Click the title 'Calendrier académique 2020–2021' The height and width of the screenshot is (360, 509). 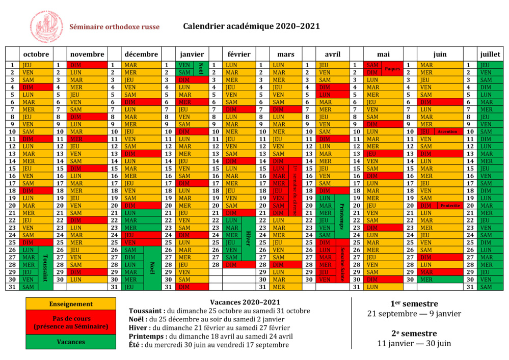pyautogui.click(x=251, y=26)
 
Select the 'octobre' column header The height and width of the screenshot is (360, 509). pyautogui.click(x=36, y=54)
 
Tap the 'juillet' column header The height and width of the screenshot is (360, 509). pyautogui.click(x=490, y=54)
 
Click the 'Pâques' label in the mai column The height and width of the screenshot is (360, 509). pyautogui.click(x=392, y=68)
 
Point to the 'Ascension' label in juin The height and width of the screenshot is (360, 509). pyautogui.click(x=447, y=131)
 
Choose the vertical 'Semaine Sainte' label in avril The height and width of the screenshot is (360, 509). pyautogui.click(x=342, y=264)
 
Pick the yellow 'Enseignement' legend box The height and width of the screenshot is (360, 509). pyautogui.click(x=71, y=304)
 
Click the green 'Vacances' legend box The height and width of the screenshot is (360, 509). pyautogui.click(x=71, y=342)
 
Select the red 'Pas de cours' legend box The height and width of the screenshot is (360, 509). pyautogui.click(x=71, y=322)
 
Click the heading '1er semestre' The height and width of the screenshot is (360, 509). pyautogui.click(x=414, y=303)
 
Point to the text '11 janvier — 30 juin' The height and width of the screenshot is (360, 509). pyautogui.click(x=414, y=343)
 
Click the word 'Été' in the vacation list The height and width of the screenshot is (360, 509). pyautogui.click(x=137, y=345)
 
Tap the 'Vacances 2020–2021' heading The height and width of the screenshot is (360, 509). pyautogui.click(x=245, y=302)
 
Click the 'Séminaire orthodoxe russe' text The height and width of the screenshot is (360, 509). pyautogui.click(x=114, y=27)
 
